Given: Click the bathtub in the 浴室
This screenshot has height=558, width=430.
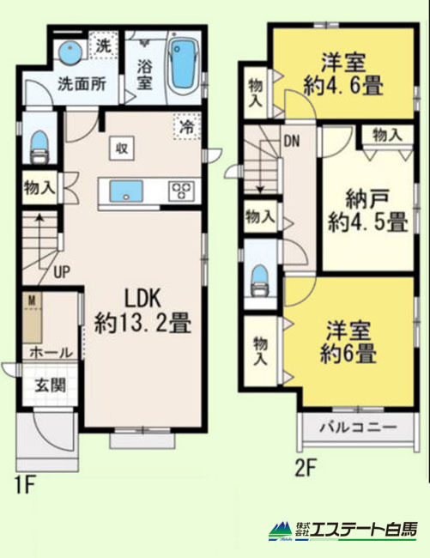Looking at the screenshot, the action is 183,68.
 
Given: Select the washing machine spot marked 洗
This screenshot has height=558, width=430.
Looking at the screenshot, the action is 103,45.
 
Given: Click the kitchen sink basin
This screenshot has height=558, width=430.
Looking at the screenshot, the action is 126,191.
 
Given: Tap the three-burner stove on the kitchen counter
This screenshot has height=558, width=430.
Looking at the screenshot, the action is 181,191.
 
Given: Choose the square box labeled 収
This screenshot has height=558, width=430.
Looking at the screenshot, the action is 122,149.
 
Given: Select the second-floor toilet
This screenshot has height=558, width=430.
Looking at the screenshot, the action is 259,281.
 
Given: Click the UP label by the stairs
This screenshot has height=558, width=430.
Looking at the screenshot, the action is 62,273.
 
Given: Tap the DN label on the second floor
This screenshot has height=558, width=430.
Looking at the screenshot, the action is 292,142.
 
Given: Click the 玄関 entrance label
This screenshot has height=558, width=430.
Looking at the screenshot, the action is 51,385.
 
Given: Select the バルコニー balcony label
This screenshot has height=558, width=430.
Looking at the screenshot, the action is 357,427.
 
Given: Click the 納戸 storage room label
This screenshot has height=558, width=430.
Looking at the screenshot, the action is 367,199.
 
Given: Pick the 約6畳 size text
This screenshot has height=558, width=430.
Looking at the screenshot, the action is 348,353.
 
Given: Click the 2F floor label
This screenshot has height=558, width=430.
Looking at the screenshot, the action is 306,468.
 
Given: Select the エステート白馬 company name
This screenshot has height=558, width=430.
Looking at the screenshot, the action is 362,531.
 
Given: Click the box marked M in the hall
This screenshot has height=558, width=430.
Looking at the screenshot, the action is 32,318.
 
